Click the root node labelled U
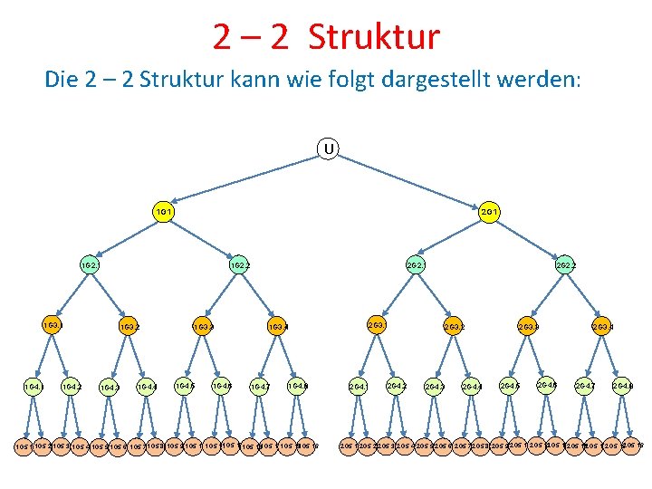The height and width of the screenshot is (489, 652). coord(328,147)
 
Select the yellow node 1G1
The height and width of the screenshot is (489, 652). coord(164,211)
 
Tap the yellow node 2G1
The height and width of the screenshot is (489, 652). coord(489,211)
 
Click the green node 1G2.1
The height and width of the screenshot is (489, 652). coord(89,266)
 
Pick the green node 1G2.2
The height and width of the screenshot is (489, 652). coord(240,266)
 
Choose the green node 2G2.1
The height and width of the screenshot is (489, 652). coord(416,266)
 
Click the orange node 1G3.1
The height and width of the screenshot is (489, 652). coord(51,323)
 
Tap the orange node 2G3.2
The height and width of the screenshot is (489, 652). coord(454,326)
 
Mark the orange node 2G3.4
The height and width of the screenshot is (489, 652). coord(602,326)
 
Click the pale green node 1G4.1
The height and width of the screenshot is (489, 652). coord(33,387)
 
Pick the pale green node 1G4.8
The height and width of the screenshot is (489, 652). coord(297,386)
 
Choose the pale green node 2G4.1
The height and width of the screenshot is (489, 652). coord(359,387)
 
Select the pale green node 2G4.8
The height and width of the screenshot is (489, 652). coord(622,387)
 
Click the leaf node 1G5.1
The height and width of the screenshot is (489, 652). coord(24,446)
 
